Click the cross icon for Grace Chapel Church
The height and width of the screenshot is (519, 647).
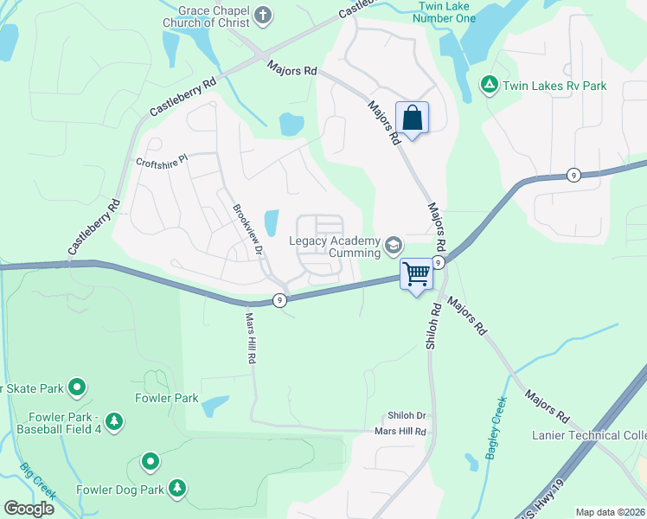tap(263, 15)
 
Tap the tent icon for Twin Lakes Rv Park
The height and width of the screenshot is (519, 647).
tap(489, 85)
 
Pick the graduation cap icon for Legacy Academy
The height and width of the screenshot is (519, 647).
tap(394, 246)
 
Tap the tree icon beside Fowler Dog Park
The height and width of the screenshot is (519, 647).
tap(177, 490)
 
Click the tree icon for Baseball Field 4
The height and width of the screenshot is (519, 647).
tap(114, 421)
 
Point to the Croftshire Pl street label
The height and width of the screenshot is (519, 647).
tap(162, 162)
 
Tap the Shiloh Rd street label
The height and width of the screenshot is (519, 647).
tap(433, 326)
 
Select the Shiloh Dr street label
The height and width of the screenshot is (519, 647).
tap(406, 416)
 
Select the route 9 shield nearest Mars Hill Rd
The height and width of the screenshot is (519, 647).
tap(279, 300)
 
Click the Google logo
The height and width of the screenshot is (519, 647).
tap(29, 508)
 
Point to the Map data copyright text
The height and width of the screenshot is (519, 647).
tap(609, 512)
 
